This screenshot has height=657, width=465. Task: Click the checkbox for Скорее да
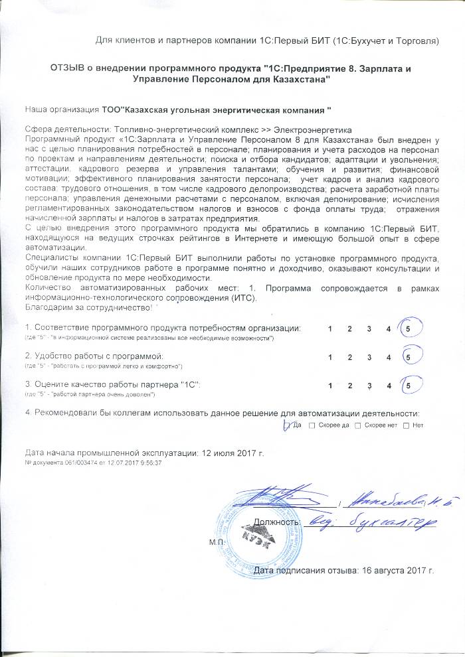pyautogui.click(x=312, y=425)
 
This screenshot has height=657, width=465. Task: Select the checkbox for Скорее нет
pyautogui.click(x=358, y=425)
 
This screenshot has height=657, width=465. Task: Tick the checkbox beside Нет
pyautogui.click(x=406, y=425)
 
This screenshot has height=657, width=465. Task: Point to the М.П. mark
pyautogui.click(x=217, y=542)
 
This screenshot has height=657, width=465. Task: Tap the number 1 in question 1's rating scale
pyautogui.click(x=329, y=329)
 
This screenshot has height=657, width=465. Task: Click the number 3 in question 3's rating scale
pyautogui.click(x=368, y=385)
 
